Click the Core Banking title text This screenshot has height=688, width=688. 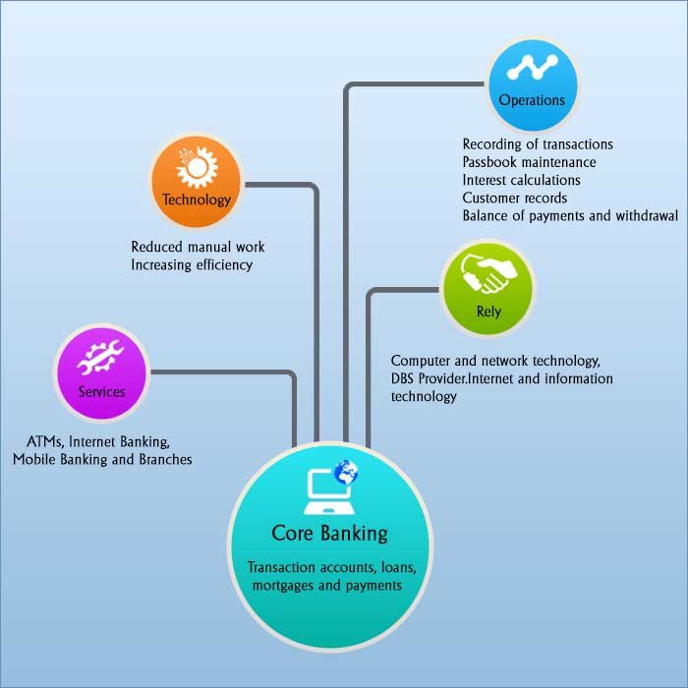pyautogui.click(x=330, y=534)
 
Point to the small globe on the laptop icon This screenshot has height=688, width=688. pyautogui.click(x=345, y=474)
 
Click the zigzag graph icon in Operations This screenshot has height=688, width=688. pyautogui.click(x=532, y=68)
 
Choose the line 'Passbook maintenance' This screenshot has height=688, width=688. pyautogui.click(x=529, y=162)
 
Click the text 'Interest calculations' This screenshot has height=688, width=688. pyautogui.click(x=521, y=180)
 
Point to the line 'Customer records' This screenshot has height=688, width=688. pyautogui.click(x=514, y=198)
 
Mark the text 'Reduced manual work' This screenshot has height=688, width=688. pyautogui.click(x=198, y=247)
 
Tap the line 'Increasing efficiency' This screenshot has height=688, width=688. pyautogui.click(x=192, y=264)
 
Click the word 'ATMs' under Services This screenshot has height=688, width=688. pyautogui.click(x=46, y=441)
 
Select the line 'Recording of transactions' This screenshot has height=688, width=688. pyautogui.click(x=538, y=144)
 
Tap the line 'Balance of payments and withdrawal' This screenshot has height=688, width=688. pyautogui.click(x=570, y=215)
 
